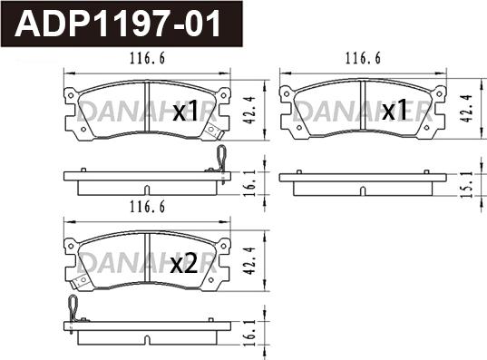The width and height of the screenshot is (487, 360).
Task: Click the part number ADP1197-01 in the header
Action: (x=118, y=24)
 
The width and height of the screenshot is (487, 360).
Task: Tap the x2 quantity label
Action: (x=184, y=264)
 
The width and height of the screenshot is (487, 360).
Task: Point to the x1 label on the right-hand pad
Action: (x=394, y=110)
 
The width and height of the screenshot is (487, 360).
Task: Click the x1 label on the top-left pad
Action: (x=185, y=111)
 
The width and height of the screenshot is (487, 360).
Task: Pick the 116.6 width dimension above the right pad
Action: (x=363, y=58)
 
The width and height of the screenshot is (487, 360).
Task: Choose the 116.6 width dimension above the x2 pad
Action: (x=147, y=207)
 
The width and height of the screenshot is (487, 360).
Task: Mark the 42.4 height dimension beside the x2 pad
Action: (x=249, y=261)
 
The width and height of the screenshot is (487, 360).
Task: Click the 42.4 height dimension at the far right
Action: (x=467, y=108)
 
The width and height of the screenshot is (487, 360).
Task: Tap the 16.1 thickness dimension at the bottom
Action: (x=249, y=333)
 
